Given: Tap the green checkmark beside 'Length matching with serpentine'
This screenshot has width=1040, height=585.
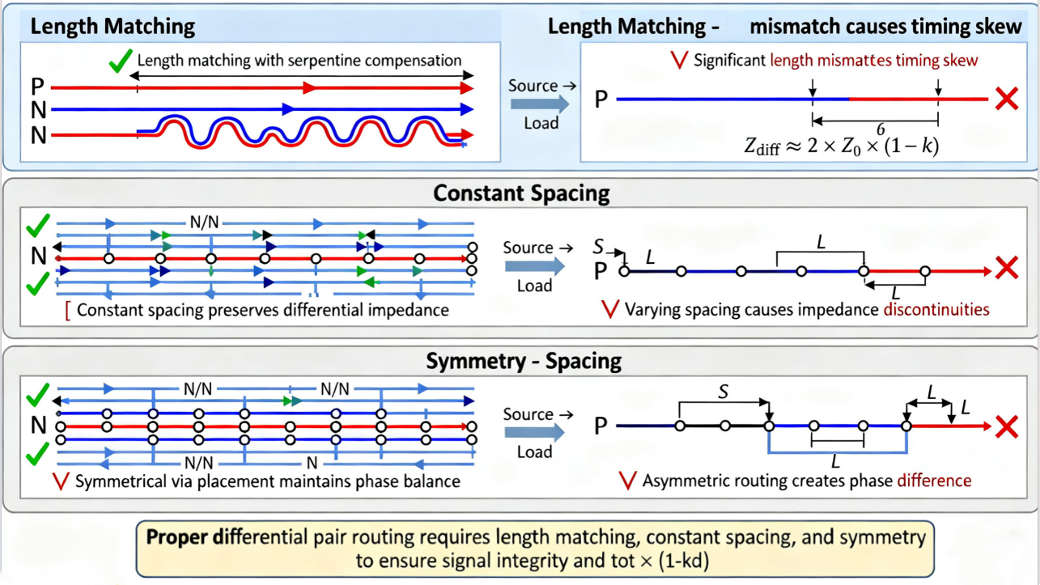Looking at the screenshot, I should [121, 60].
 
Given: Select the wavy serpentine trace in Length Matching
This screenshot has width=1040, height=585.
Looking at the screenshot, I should [299, 131].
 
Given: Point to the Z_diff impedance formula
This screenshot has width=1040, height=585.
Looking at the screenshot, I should [841, 146].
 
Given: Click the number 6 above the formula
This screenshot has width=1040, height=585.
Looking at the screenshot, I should [880, 129].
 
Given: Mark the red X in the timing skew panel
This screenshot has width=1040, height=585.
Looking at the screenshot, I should [1007, 99].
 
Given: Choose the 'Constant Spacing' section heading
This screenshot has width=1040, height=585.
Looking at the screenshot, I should [521, 194].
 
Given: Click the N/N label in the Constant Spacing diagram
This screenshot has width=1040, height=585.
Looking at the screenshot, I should [204, 222].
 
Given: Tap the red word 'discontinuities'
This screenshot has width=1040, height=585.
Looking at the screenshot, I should [936, 309].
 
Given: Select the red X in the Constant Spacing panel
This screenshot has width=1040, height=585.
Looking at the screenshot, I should [1007, 268].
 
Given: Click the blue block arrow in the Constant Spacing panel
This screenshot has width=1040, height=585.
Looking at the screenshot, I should [535, 266].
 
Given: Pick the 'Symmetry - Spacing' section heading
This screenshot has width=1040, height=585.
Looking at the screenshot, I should [524, 361].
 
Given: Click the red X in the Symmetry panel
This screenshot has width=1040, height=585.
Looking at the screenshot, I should [1007, 426].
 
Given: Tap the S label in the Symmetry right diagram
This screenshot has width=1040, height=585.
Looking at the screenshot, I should [724, 392].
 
